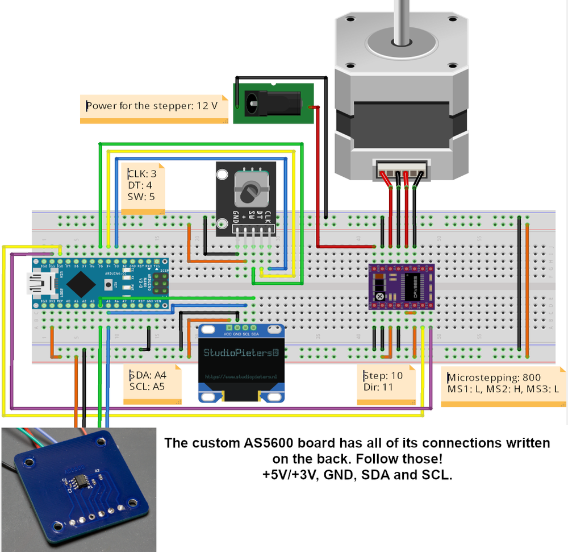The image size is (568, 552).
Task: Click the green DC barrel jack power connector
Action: (274, 102)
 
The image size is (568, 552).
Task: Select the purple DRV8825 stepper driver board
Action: (402, 287)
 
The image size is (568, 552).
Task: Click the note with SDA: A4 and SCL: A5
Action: (151, 382)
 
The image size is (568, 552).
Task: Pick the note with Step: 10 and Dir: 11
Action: (385, 383)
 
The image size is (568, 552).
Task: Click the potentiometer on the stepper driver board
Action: (379, 297)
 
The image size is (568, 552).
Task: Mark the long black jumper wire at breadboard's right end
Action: (519, 284)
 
